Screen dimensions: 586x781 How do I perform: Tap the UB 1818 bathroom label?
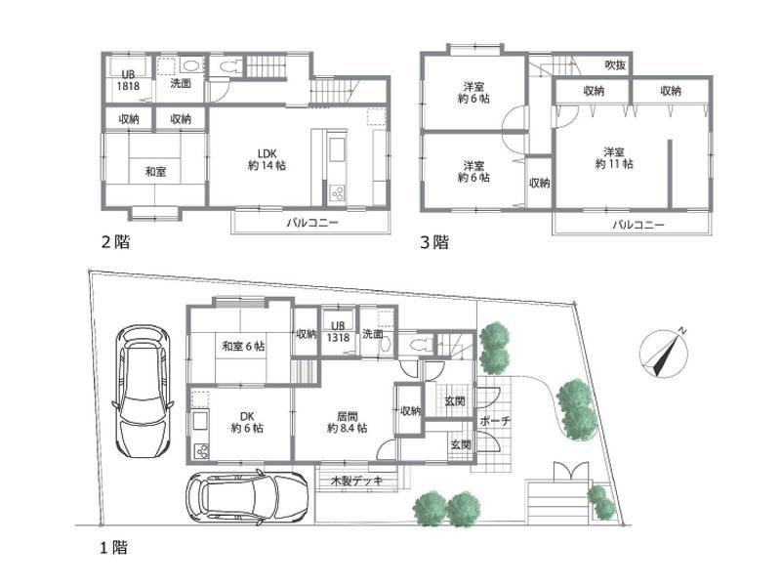(128, 80)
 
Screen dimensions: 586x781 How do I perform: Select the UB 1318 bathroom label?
(339, 331)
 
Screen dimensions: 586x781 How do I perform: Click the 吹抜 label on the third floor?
(615, 65)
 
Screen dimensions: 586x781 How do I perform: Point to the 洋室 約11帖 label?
(613, 158)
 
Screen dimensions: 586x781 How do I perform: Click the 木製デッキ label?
(355, 481)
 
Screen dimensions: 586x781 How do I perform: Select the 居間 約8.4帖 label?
(347, 421)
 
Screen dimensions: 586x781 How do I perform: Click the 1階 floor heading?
(110, 548)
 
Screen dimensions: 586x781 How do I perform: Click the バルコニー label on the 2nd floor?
(312, 223)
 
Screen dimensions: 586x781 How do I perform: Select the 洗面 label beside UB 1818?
(181, 84)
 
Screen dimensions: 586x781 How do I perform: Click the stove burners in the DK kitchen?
(203, 451)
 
